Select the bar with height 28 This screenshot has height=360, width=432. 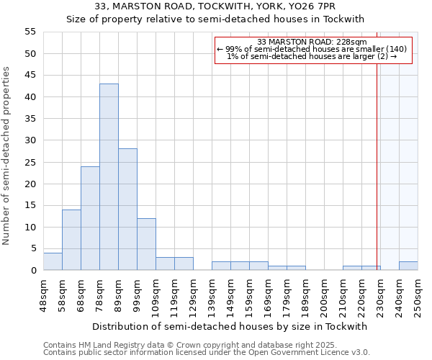click(x=127, y=210)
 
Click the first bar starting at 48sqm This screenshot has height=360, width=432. click(x=53, y=261)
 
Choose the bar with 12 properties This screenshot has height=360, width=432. click(x=146, y=244)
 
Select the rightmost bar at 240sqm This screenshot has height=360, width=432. click(x=408, y=266)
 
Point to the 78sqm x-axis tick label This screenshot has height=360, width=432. click(x=100, y=294)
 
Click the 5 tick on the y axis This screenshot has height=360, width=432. click(x=32, y=248)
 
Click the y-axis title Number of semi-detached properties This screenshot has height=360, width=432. click(x=7, y=156)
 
